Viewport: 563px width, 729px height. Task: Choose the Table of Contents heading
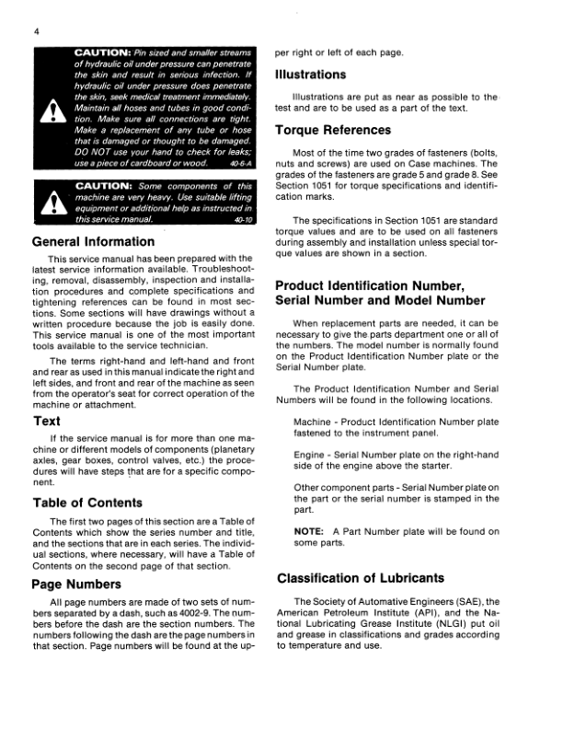87,503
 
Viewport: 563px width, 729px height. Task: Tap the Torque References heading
333,130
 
